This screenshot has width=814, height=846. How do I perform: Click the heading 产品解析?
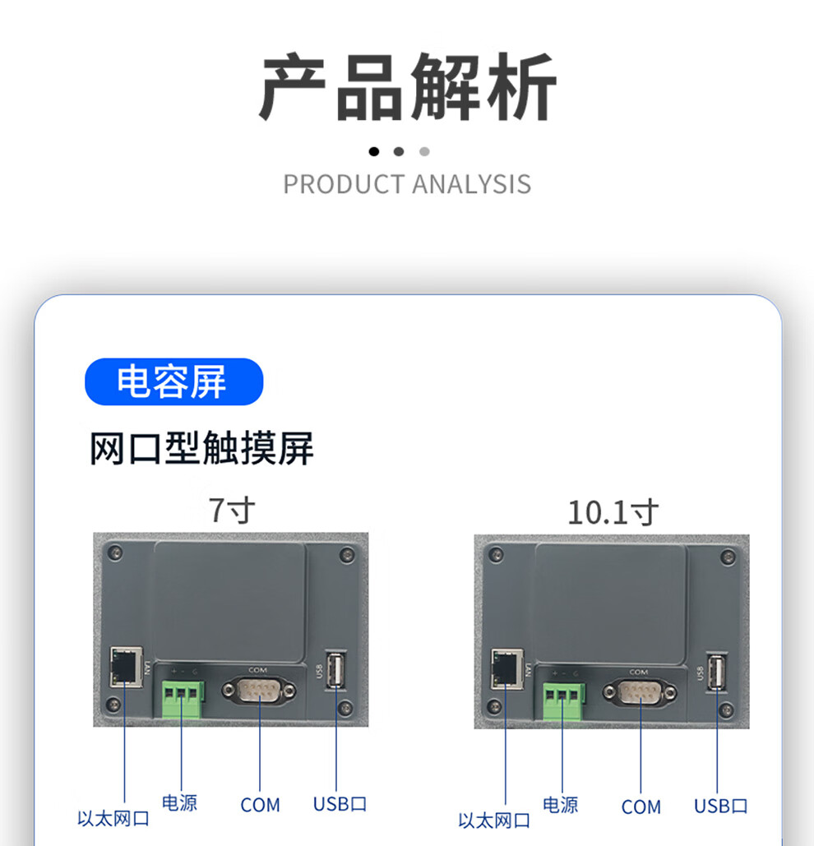pos(407,87)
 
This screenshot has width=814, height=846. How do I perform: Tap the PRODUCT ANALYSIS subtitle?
pos(407,184)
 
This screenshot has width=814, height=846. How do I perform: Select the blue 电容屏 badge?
pos(173,381)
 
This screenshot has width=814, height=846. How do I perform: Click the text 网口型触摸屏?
pos(201,450)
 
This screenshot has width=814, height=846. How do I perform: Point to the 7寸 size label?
pos(231,511)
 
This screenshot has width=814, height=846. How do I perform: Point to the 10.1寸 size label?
pos(613,513)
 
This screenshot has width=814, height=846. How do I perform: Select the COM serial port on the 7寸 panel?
pos(259,691)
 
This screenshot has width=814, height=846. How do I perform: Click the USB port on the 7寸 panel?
pos(335,670)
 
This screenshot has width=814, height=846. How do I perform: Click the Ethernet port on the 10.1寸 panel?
pos(506,668)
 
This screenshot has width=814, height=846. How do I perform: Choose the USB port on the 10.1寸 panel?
pos(717,671)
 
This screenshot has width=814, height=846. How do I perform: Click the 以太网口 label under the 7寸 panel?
pos(113,819)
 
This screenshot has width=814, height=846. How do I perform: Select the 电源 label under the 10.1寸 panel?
pos(560,805)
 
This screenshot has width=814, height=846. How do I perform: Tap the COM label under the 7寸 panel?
pos(260,805)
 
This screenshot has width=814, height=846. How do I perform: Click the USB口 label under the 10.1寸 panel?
pos(721,806)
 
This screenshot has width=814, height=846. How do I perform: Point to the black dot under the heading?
pos(374,151)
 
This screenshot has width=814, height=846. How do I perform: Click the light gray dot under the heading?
pos(424,151)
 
